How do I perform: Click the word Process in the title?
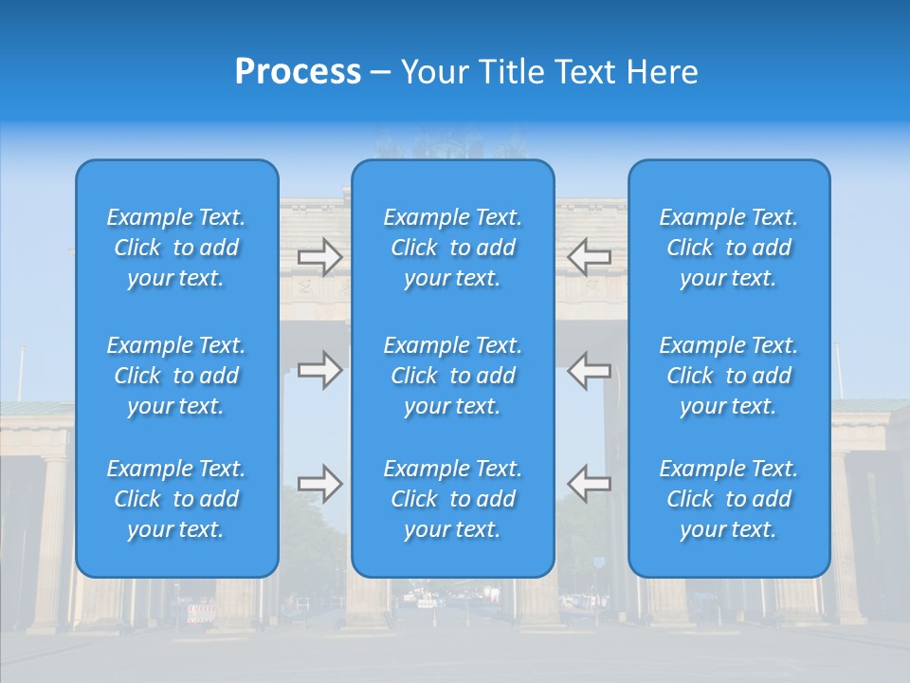click(x=298, y=72)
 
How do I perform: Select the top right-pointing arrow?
click(x=320, y=257)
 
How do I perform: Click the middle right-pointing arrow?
click(x=320, y=370)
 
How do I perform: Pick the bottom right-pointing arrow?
click(x=320, y=483)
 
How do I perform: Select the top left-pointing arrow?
click(x=590, y=257)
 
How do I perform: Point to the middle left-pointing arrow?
click(x=590, y=370)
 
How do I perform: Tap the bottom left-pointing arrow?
click(x=590, y=483)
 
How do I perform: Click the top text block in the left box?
click(x=176, y=248)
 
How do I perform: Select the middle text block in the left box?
click(x=176, y=376)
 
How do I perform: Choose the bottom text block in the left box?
click(x=176, y=499)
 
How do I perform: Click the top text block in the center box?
click(x=453, y=248)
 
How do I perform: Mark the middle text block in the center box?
click(x=453, y=376)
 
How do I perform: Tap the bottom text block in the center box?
click(x=453, y=499)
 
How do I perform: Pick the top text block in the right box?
click(x=729, y=248)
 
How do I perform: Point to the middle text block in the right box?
click(x=729, y=376)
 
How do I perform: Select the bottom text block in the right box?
click(x=729, y=499)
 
